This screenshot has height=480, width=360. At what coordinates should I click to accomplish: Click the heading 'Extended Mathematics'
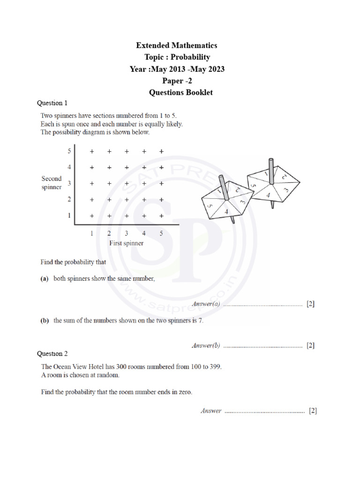point(177,45)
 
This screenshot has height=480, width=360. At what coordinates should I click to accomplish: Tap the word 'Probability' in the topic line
point(190,57)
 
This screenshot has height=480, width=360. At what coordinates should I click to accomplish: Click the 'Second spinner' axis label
point(52,183)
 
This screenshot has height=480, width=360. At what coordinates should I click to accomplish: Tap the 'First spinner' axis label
point(126,243)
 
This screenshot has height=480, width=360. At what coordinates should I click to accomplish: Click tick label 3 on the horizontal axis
point(126,233)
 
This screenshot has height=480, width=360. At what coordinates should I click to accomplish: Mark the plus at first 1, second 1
point(92,216)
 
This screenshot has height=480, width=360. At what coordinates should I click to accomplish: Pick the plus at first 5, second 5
point(161,151)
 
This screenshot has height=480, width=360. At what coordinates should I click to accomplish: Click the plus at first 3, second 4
point(127,167)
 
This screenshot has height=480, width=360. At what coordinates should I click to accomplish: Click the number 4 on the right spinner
point(268,195)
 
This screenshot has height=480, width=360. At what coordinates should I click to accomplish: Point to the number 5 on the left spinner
point(210,206)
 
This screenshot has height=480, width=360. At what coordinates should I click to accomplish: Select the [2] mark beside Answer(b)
point(310,346)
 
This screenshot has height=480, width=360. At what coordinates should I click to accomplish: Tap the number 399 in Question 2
point(213,367)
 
